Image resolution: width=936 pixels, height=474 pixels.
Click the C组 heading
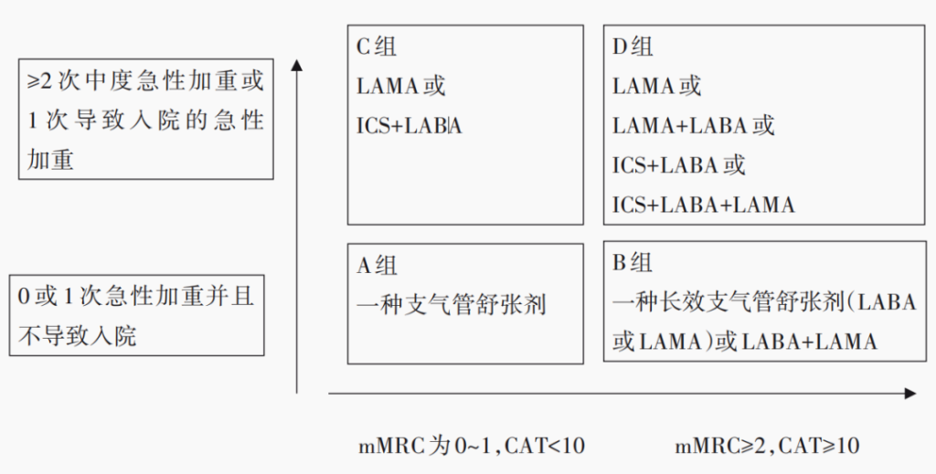tap(377, 47)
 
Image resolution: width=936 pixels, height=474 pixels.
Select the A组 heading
tap(377, 266)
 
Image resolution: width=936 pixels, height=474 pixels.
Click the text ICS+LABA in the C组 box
tap(409, 126)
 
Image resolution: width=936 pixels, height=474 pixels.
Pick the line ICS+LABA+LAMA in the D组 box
tap(703, 205)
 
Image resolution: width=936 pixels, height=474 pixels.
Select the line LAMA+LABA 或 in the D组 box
tap(693, 126)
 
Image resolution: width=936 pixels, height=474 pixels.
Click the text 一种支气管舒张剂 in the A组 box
tap(452, 304)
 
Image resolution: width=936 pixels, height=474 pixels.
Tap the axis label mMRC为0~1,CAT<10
tap(471, 446)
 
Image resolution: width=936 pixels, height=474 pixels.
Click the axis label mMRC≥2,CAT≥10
tap(767, 446)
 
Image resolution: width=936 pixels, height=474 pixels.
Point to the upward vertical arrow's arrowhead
tap(297, 66)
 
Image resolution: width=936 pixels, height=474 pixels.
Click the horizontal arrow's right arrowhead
tap(909, 393)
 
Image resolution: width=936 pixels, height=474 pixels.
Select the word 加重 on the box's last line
tap(50, 160)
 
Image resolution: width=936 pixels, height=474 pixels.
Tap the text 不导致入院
tap(78, 336)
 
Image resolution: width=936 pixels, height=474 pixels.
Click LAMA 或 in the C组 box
tap(400, 87)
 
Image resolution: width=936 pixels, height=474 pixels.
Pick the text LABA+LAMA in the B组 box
tap(809, 342)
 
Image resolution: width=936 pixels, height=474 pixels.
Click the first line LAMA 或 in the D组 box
tap(656, 87)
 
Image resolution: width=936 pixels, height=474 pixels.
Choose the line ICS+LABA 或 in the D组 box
tap(678, 165)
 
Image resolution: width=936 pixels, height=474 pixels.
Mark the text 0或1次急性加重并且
tap(136, 297)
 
